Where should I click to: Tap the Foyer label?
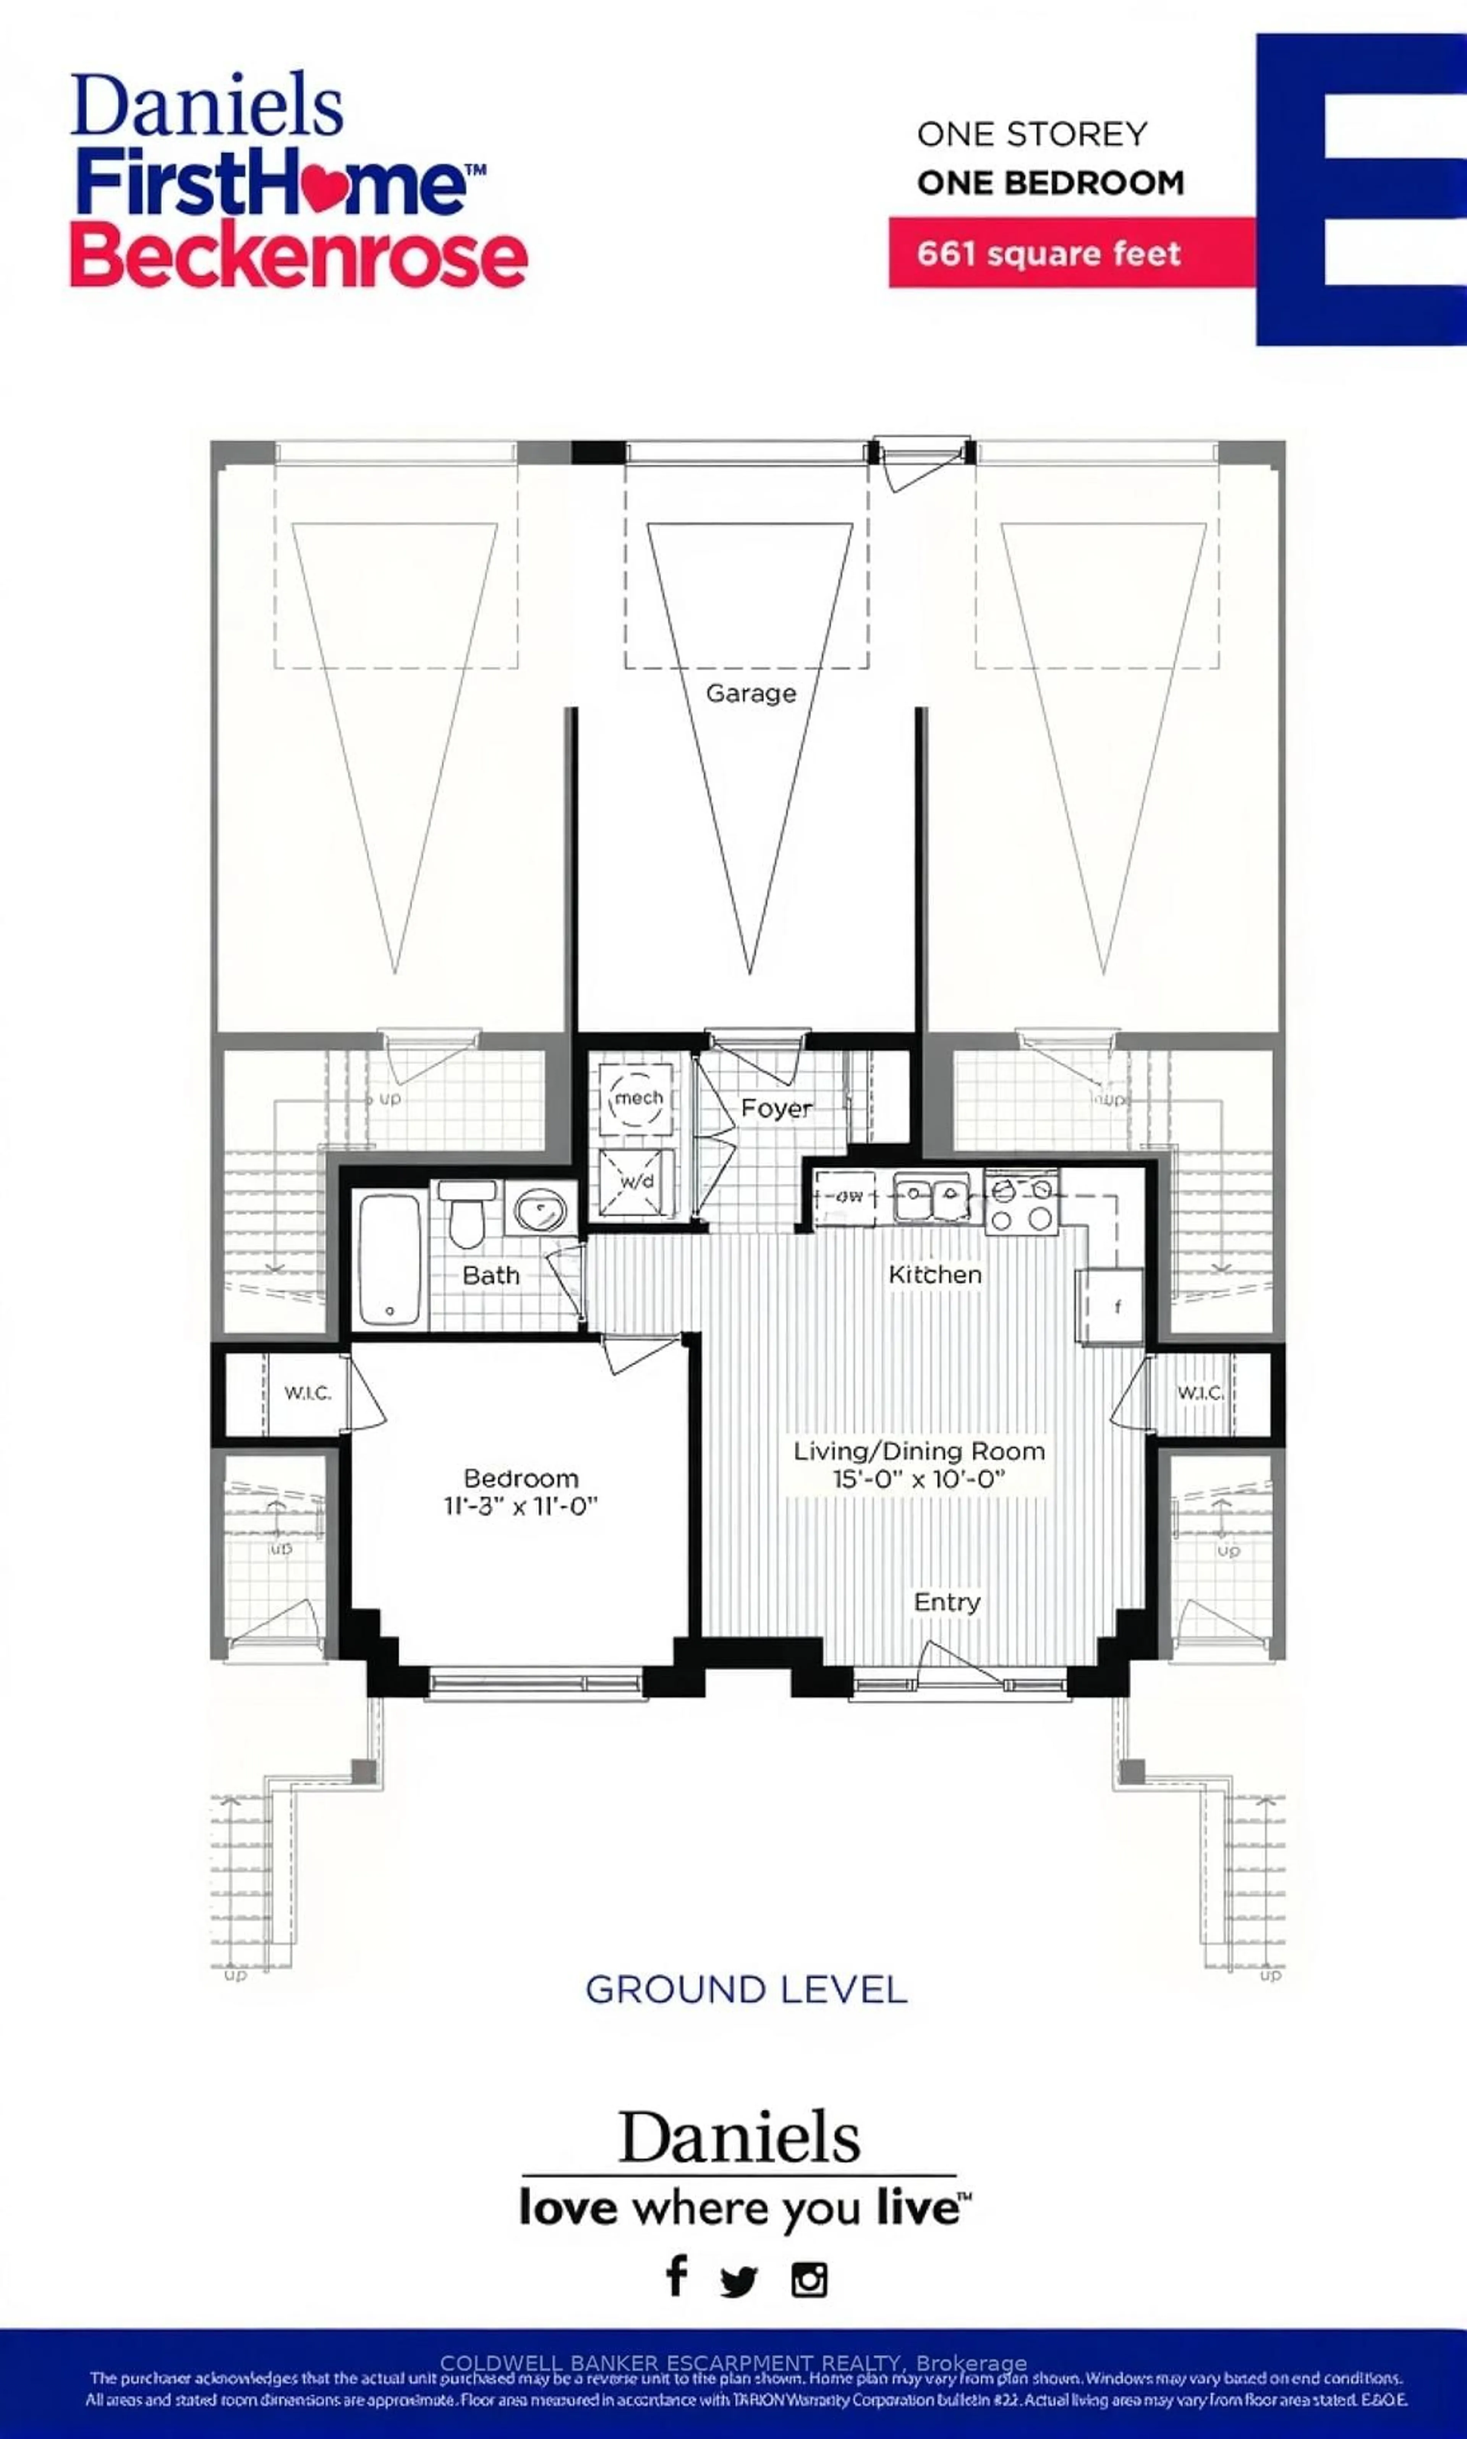[776, 1108]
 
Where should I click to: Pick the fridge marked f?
[1114, 1306]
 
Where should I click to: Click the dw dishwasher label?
[847, 1196]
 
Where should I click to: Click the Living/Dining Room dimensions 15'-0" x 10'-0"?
[918, 1479]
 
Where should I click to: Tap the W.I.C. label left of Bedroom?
[308, 1393]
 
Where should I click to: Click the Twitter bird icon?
[738, 2281]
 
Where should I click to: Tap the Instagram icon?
[809, 2280]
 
